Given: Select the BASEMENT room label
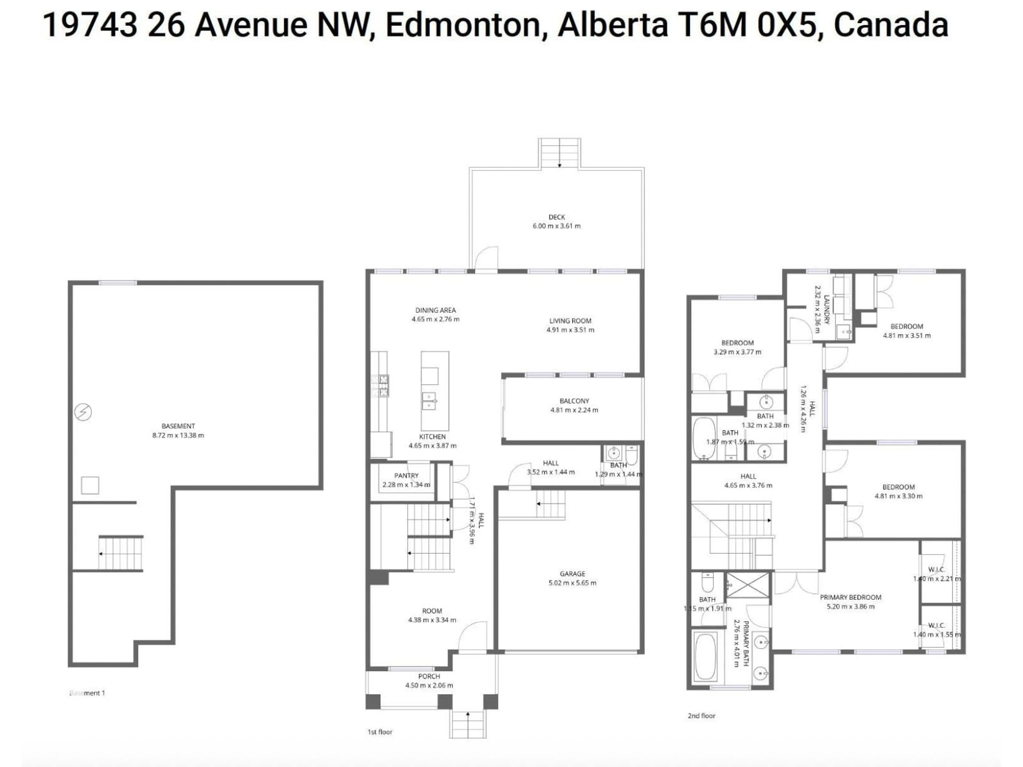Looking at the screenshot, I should pos(178,426).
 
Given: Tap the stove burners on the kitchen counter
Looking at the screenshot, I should pos(383,386).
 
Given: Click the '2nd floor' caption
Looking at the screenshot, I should pos(701,716).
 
